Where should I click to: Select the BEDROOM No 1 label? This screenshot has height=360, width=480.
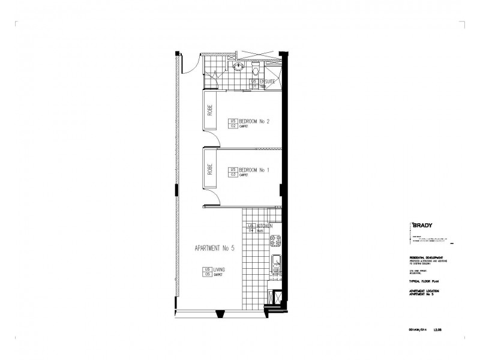(254, 170)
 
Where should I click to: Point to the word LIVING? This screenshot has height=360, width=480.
(219, 271)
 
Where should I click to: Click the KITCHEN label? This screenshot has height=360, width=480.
(266, 226)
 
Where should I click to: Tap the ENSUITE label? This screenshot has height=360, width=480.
(267, 80)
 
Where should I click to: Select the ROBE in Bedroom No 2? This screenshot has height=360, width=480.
(211, 110)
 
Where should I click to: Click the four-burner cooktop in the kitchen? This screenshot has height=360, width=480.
(277, 241)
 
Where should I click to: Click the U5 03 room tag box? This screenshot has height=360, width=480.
(233, 172)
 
